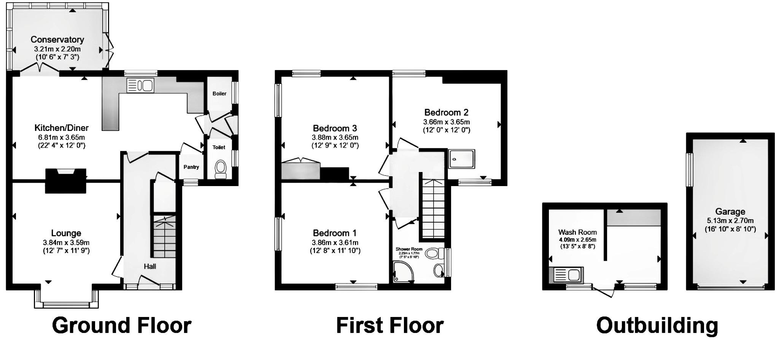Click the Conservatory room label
tap(57, 40)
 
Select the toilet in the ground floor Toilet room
tap(220, 169)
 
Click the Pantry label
tap(191, 167)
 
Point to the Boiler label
tap(219, 94)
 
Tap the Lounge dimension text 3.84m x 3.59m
tap(66, 242)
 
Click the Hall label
tap(150, 266)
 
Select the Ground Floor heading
tap(121, 326)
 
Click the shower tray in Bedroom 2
tap(461, 159)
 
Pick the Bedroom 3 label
tap(335, 128)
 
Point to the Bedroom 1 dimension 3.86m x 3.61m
tap(335, 242)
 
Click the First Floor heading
tap(389, 326)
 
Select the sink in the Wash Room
tap(566, 275)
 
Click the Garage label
tap(730, 212)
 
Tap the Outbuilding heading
tap(657, 326)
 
